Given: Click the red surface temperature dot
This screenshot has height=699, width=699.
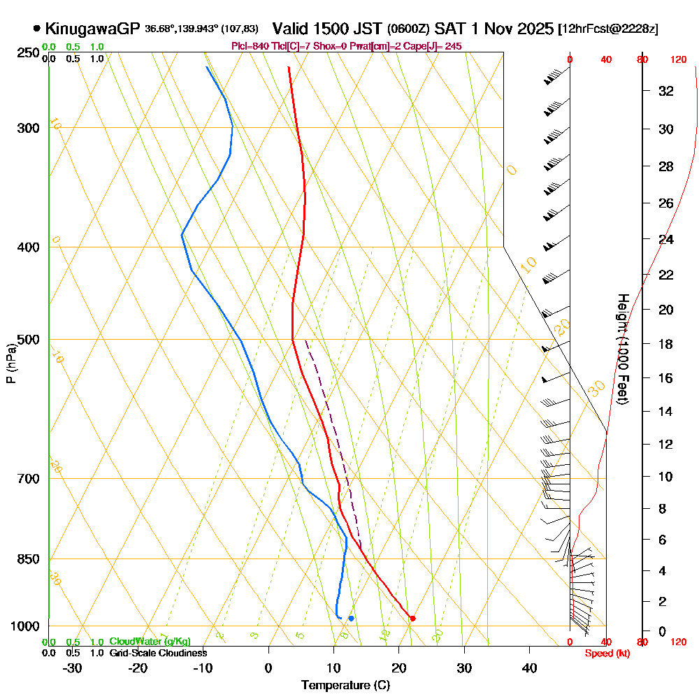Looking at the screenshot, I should click(412, 618).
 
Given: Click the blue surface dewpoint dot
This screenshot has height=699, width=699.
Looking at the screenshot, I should click(351, 618).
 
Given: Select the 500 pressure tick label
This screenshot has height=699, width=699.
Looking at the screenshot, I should click(27, 340).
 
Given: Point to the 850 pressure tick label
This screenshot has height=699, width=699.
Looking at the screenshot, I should click(27, 559).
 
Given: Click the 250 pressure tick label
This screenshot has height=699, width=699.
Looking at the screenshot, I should click(27, 52).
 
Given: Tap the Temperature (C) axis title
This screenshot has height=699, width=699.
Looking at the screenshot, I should click(345, 685).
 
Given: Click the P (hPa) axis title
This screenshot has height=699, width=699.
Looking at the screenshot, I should click(10, 363).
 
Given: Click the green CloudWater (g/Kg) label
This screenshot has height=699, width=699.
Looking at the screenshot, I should click(150, 642).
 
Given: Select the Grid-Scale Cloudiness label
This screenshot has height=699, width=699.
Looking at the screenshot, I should click(157, 653).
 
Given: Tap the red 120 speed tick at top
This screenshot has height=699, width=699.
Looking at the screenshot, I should click(677, 60).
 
